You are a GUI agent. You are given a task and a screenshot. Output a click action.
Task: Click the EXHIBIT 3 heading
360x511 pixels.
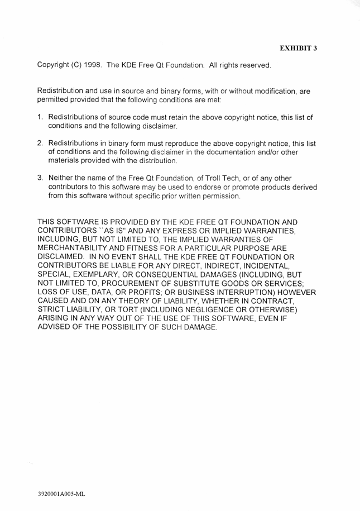[x=298, y=48]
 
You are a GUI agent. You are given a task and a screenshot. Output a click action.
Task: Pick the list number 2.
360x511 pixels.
[x=40, y=144]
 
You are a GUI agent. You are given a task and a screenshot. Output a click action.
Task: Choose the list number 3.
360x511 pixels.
[x=40, y=178]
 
